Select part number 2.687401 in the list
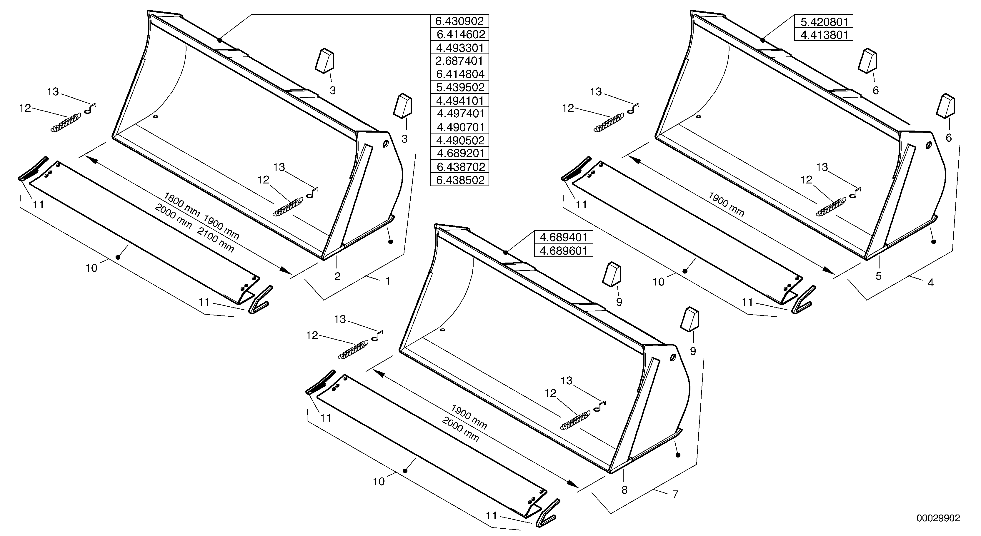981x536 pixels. pyautogui.click(x=459, y=61)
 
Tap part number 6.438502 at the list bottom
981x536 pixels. pyautogui.click(x=459, y=180)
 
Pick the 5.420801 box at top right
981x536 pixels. pyautogui.click(x=823, y=22)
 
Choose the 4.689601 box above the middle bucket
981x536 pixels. pyautogui.click(x=564, y=251)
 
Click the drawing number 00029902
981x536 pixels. pyautogui.click(x=938, y=518)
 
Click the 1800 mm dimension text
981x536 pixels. pyautogui.click(x=182, y=204)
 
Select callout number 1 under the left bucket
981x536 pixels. pyautogui.click(x=388, y=281)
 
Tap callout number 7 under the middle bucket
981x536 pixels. pyautogui.click(x=675, y=495)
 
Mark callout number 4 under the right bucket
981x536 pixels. pyautogui.click(x=930, y=283)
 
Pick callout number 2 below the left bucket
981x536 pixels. pyautogui.click(x=337, y=277)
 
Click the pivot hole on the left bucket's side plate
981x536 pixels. pyautogui.click(x=385, y=144)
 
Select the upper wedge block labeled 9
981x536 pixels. pyautogui.click(x=612, y=273)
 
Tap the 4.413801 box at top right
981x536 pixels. pyautogui.click(x=823, y=35)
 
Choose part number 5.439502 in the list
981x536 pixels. pyautogui.click(x=459, y=87)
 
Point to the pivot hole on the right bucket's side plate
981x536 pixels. pyautogui.click(x=928, y=145)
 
